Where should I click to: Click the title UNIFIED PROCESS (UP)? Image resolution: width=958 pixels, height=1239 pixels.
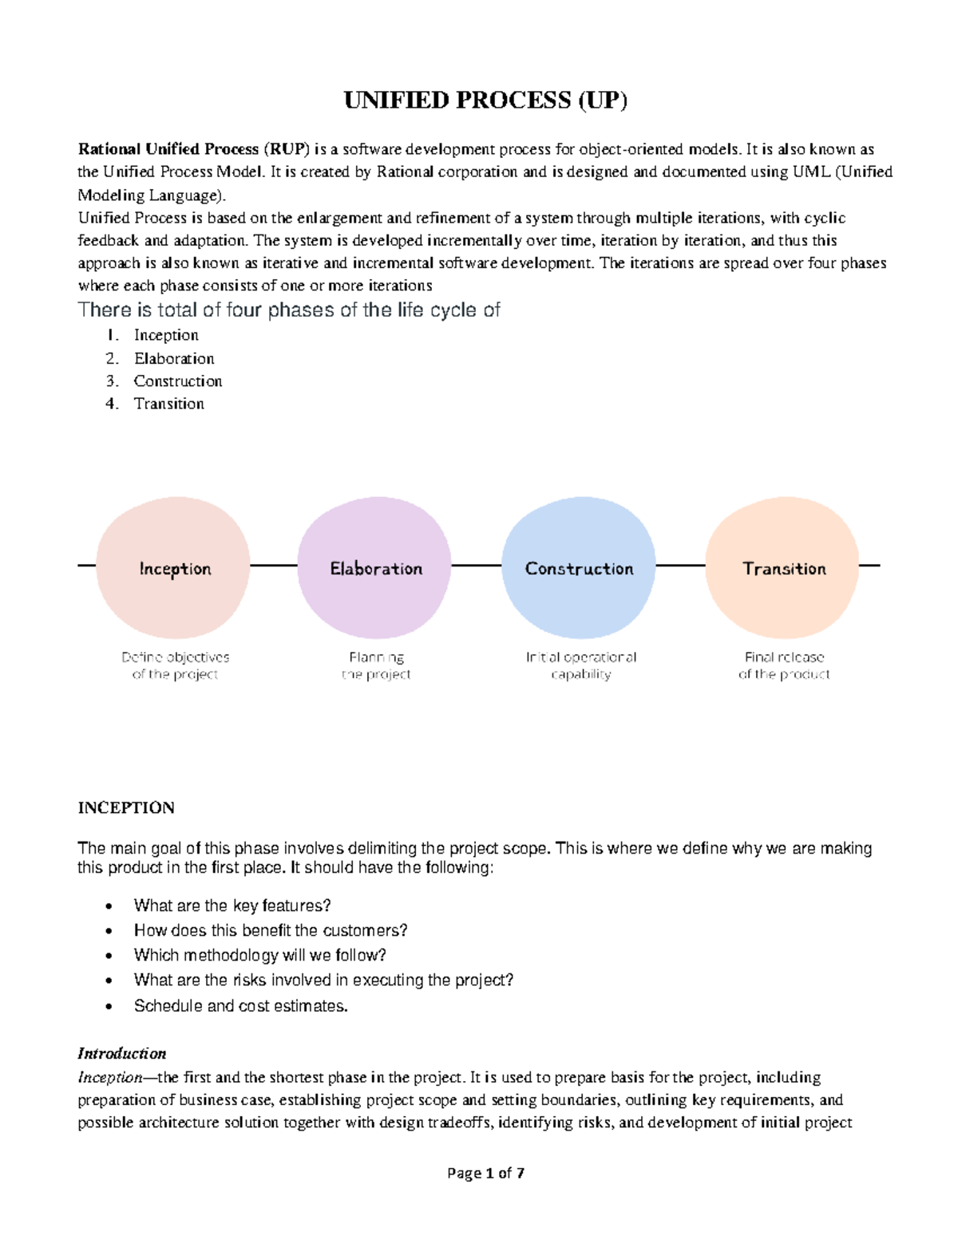coord(485,101)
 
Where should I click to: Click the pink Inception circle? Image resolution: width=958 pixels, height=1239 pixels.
coord(173,568)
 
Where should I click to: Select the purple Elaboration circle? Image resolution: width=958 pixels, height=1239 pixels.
coord(375,568)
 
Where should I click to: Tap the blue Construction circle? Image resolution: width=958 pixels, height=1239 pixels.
coord(579,568)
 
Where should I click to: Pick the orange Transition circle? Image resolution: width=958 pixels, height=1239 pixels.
coord(783,568)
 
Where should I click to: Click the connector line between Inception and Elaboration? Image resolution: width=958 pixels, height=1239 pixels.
coord(274,566)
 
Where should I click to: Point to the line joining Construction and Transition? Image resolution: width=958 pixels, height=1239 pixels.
coord(680,566)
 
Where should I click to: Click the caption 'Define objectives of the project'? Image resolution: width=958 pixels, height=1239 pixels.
coord(175,665)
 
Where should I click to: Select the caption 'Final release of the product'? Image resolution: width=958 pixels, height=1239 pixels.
coord(783,665)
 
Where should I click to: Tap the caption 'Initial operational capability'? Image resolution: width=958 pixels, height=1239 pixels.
coord(580,665)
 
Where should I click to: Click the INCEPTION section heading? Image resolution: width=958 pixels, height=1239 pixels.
coord(126,807)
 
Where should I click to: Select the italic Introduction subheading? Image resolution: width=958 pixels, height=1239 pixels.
coord(121,1053)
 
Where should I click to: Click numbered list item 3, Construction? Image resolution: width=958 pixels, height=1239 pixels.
coord(177,381)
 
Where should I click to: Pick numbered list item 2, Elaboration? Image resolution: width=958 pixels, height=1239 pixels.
coord(173,359)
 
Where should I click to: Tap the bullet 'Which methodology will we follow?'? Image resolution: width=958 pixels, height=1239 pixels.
coord(259,955)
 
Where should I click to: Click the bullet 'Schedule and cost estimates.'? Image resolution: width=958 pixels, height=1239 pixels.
coord(240,1005)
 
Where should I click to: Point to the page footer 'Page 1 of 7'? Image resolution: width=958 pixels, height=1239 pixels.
coord(485,1173)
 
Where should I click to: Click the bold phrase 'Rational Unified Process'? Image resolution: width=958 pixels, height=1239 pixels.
coord(168,149)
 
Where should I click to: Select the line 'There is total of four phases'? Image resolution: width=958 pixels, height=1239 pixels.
coord(288,310)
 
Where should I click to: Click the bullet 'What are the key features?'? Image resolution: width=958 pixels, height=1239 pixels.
coord(232,906)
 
